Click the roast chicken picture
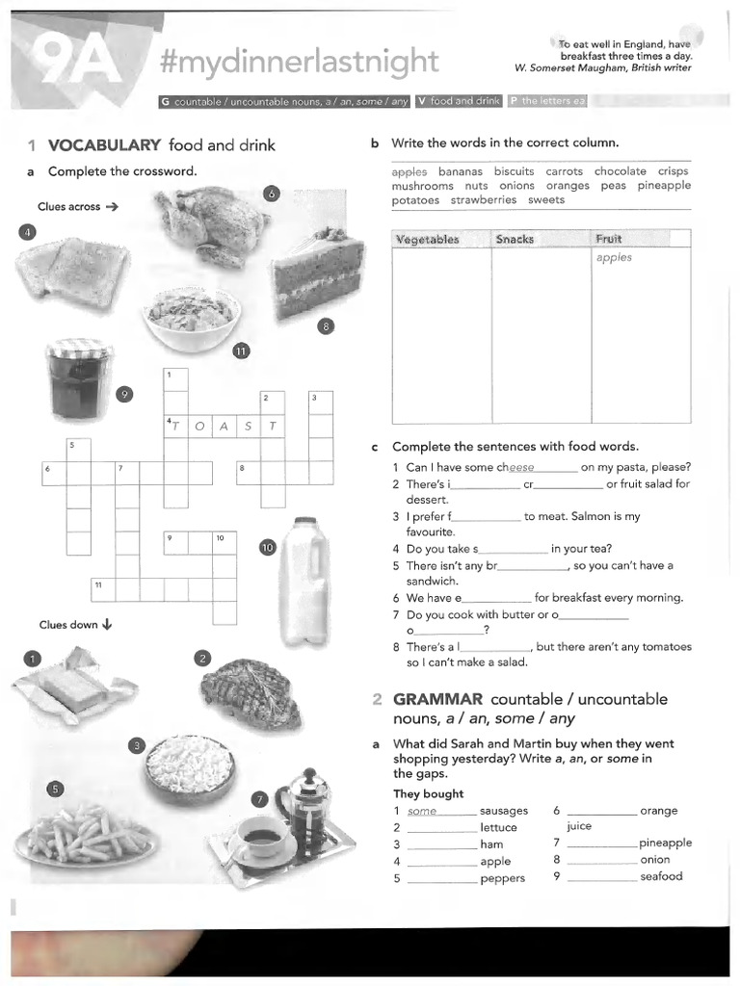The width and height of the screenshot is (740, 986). tap(212, 225)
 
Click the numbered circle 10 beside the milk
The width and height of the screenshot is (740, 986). tap(268, 548)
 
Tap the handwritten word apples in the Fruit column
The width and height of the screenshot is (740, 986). tap(614, 258)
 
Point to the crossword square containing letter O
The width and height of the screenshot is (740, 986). tap(199, 426)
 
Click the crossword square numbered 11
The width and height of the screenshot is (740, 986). tap(102, 588)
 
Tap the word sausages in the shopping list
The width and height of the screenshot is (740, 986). tap(503, 811)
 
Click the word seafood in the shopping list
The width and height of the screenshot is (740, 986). tap(661, 876)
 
